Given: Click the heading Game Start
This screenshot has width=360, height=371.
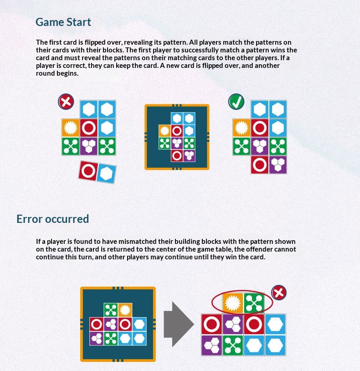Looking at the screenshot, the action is pos(63,22).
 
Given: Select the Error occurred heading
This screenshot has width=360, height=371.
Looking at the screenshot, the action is pos(53,219).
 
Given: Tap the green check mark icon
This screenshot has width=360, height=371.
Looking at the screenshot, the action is pos(237,102).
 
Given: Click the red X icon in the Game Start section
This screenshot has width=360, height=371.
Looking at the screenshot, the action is pos(66,102).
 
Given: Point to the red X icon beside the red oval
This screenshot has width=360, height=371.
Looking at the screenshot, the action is pos(279,293).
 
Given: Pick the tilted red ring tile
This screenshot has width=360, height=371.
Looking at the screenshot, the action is pos(88,170).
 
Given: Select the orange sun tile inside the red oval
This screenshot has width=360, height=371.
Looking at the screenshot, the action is pos(233,304).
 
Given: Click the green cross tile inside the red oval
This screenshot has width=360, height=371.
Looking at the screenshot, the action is pos(254,304).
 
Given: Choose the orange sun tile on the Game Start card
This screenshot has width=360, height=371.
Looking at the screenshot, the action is pos(165,131).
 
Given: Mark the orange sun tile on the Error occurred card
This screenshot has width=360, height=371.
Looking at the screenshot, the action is pos(125,310).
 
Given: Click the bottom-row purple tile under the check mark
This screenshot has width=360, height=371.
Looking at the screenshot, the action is pos(278,165).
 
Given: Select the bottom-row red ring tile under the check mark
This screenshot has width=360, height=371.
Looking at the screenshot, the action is pos(260,165).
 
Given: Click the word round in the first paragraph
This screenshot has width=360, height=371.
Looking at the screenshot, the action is pos(45,73).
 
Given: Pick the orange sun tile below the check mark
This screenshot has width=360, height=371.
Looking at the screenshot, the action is pos(242,128).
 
